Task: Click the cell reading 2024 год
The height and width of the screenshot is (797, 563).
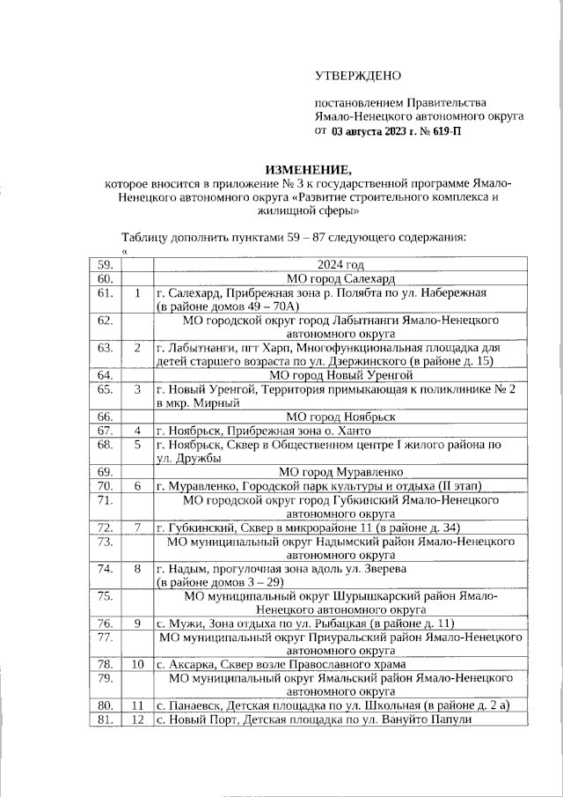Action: point(340,265)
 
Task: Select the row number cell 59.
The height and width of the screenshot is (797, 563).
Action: point(106,265)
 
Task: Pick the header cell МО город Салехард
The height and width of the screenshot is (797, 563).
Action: point(340,278)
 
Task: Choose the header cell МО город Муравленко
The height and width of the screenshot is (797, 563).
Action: point(340,471)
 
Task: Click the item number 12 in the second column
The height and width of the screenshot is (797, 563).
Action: point(137,719)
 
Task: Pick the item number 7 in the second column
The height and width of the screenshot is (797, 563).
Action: point(137,527)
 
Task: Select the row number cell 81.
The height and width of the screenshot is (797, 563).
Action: point(106,719)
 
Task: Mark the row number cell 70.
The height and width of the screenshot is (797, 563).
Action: point(106,485)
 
